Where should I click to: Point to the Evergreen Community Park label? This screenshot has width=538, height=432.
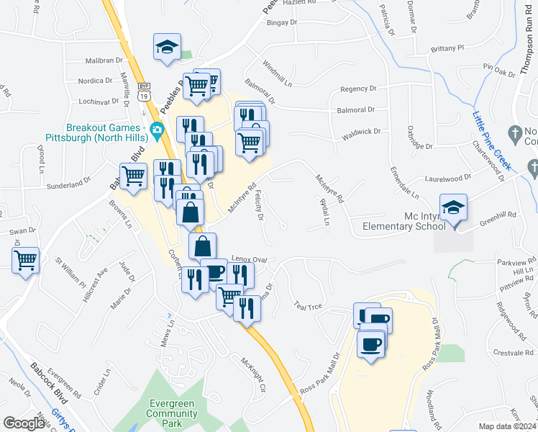pos(172,413)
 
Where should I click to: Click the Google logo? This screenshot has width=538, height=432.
pos(24,423)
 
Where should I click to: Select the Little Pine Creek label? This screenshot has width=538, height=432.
pos(492,140)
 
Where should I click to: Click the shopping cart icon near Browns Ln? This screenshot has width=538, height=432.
pos(133,176)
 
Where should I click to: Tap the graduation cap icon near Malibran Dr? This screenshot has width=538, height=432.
pos(167,48)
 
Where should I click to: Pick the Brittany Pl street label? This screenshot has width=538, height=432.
pos(447,48)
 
